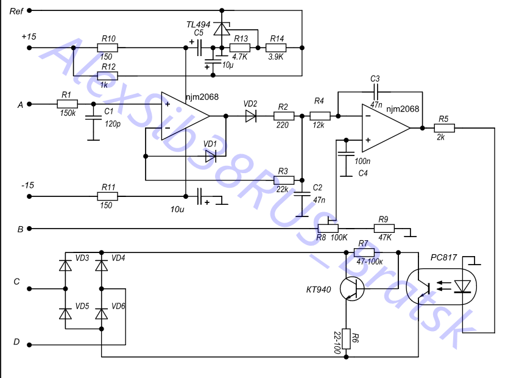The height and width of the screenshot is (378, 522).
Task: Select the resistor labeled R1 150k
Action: click(x=67, y=104)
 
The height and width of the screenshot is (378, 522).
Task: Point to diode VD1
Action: click(x=211, y=157)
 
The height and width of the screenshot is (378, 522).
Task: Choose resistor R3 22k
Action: click(x=284, y=180)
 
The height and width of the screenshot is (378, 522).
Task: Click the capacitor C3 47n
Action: click(x=375, y=89)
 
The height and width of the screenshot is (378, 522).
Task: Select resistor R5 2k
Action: click(x=444, y=128)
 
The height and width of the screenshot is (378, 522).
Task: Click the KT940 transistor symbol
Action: click(x=351, y=288)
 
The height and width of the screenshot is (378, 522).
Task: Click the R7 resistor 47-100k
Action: click(x=364, y=252)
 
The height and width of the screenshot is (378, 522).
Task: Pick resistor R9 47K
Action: click(x=384, y=229)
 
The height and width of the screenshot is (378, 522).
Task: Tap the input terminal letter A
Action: click(x=20, y=105)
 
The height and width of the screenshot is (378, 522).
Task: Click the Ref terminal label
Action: click(x=17, y=11)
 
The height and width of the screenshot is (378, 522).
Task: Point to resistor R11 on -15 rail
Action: click(x=108, y=196)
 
